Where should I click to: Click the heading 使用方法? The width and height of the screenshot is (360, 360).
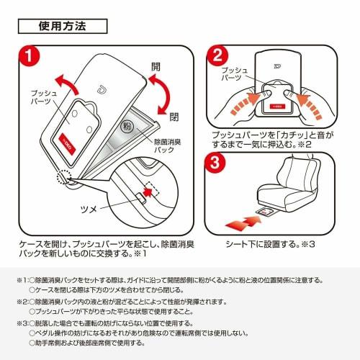[x=63, y=26]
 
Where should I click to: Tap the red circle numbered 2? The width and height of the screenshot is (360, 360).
[x=217, y=56]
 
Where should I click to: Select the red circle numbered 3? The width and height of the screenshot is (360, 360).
[x=215, y=163]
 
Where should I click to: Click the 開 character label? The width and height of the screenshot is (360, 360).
[x=156, y=66]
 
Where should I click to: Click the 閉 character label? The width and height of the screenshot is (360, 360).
[x=174, y=117]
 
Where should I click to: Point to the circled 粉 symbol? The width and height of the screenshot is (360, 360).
[x=127, y=126]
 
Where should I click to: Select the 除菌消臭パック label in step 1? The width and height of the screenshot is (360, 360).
[x=168, y=145]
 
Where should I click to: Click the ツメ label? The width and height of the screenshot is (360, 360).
[x=89, y=209]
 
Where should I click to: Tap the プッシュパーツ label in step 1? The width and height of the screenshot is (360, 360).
[x=44, y=97]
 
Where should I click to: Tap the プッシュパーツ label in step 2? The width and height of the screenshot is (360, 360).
[x=234, y=74]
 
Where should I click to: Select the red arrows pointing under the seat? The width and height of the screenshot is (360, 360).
[x=243, y=222]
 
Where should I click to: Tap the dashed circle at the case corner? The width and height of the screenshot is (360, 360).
[x=64, y=177]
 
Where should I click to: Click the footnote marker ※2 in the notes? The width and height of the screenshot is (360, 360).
[x=22, y=302]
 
